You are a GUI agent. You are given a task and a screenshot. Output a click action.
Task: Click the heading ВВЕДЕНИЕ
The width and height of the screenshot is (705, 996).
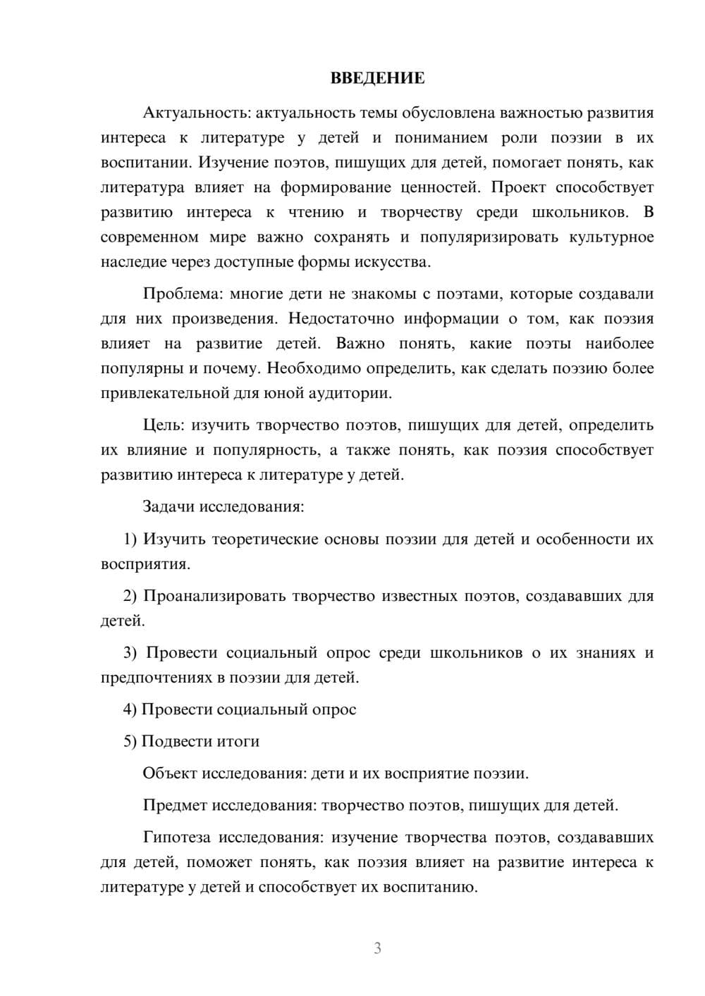coord(377,79)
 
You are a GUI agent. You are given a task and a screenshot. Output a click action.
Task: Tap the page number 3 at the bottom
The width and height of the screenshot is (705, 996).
coord(378,948)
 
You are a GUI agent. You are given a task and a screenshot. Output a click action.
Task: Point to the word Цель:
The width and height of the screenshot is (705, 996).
coord(164,425)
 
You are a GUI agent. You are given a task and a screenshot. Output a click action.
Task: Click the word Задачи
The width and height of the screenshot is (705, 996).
coord(169,506)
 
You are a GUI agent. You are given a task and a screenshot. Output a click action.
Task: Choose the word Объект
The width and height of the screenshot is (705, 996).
coord(170,773)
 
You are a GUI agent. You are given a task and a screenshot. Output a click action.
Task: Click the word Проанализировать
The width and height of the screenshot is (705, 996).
coord(214,597)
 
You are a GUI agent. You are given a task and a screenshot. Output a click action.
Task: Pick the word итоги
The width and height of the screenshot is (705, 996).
coord(239,742)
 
